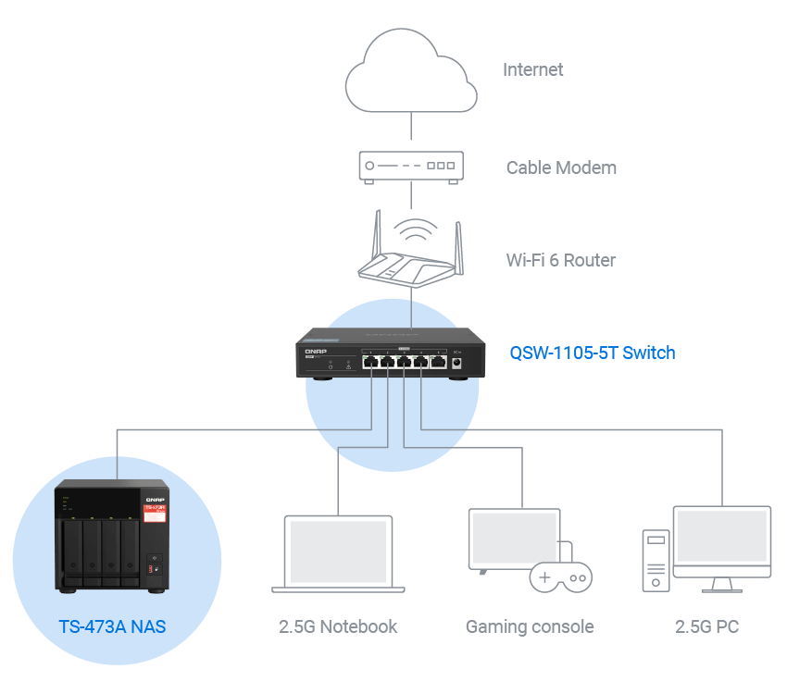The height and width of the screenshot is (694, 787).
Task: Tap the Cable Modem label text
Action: pos(561,167)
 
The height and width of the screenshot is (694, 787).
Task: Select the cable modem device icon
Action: pos(411,167)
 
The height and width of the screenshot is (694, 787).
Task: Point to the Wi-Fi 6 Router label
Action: pos(560,260)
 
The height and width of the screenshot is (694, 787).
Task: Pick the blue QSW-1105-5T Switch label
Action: pos(593,353)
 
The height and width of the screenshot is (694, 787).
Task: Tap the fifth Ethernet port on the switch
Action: pos(438,362)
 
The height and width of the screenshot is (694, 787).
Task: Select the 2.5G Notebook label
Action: pos(338,626)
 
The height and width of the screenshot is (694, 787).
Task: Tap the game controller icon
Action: pos(560,576)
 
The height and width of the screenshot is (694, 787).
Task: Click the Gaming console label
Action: pos(530,626)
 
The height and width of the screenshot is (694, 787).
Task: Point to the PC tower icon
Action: pos(656,560)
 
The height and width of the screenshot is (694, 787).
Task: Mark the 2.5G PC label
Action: pos(706,626)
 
